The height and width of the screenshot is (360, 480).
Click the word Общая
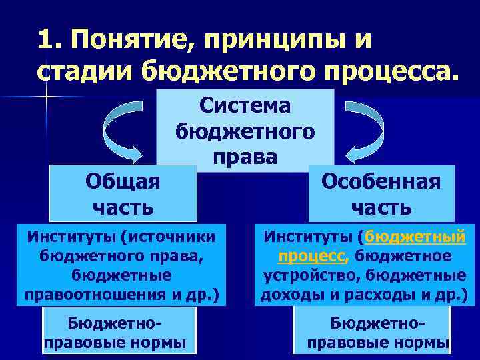point(123,181)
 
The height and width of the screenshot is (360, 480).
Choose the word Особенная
point(381,181)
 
